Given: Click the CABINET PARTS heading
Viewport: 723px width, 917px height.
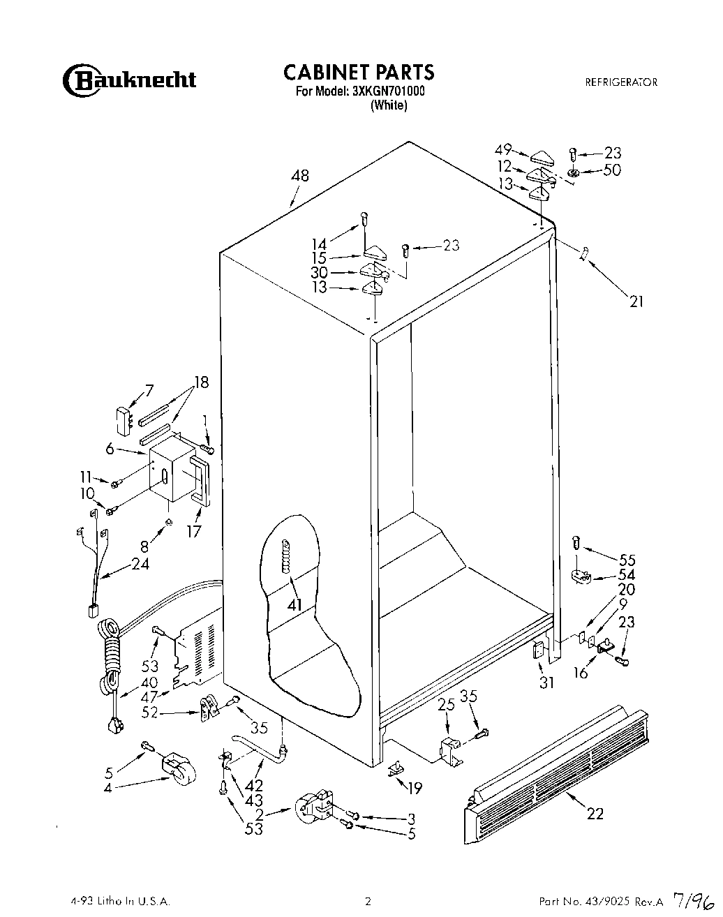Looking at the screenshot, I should click(x=359, y=72).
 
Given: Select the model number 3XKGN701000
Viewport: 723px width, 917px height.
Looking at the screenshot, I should click(x=389, y=91).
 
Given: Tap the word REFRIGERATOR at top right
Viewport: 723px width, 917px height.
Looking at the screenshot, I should click(x=621, y=82).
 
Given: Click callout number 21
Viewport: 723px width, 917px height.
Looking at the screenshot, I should click(x=636, y=301).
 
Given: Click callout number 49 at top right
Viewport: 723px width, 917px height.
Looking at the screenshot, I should click(x=502, y=149).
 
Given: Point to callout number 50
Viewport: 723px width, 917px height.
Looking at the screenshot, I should click(x=611, y=170).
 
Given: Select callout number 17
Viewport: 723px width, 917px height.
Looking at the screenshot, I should click(x=193, y=532).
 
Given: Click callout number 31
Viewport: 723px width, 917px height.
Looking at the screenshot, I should click(x=546, y=683).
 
